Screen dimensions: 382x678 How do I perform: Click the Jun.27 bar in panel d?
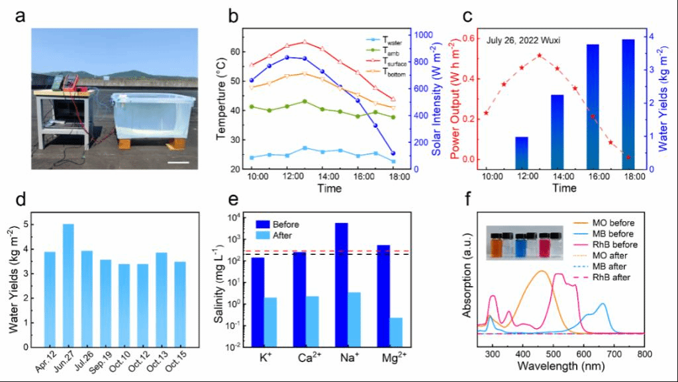(x=68, y=285)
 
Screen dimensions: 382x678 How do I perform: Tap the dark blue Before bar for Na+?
(x=341, y=285)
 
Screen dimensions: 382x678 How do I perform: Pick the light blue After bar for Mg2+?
(x=397, y=332)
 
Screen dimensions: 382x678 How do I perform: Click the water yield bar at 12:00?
(x=522, y=153)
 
